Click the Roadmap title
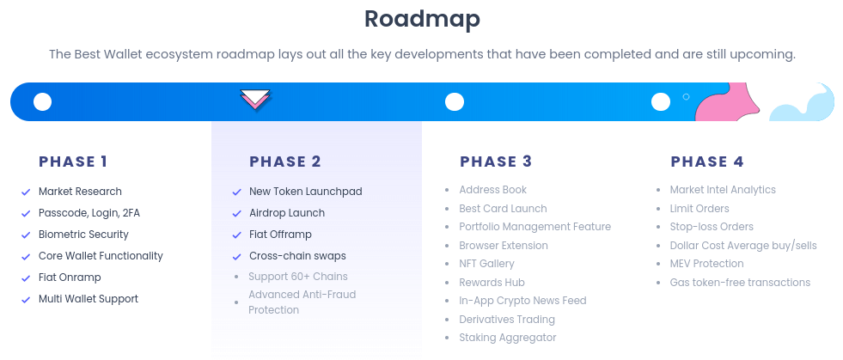(421, 18)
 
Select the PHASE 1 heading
(73, 162)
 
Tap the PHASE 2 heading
(285, 162)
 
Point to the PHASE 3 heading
(496, 162)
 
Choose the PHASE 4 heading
(707, 162)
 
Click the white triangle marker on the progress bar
(255, 99)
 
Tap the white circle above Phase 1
(42, 102)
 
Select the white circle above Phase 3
(455, 102)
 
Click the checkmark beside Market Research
(26, 192)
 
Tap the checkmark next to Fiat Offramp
(236, 235)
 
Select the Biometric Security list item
(83, 235)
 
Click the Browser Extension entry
(504, 246)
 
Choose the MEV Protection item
(706, 264)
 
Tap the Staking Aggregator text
(508, 338)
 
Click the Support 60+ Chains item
(297, 277)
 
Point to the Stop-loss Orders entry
(712, 227)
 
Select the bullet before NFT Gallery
(447, 265)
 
